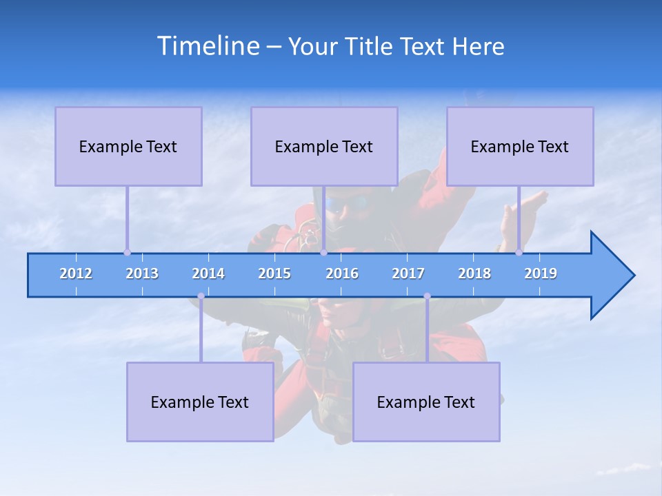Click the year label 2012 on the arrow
(76, 273)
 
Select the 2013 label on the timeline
(142, 273)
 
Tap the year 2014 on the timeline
(208, 273)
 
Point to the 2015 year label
(274, 273)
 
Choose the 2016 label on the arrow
(342, 273)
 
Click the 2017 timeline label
(408, 273)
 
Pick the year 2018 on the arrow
(474, 273)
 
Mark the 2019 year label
(541, 273)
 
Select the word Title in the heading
(370, 46)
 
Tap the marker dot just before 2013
(127, 252)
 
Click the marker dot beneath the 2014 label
(201, 296)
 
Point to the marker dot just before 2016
(323, 252)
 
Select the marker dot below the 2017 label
(427, 296)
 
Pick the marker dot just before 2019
(519, 252)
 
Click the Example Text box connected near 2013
(128, 146)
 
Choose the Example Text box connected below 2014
(200, 402)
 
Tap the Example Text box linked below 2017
(426, 402)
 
